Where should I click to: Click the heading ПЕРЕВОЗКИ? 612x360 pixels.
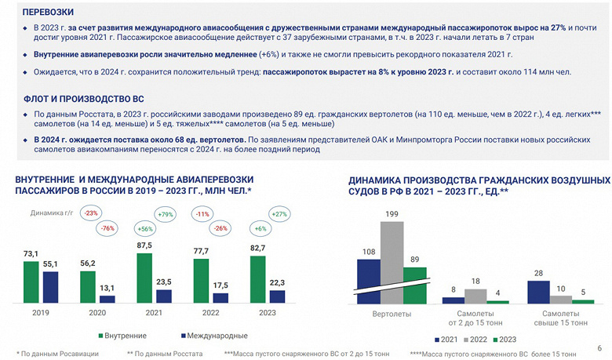click(x=48, y=13)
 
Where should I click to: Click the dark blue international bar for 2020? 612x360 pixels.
click(x=107, y=299)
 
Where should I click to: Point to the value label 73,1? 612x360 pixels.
click(x=31, y=253)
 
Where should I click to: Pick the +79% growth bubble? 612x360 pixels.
click(x=165, y=214)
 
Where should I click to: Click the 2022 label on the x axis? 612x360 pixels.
click(x=212, y=313)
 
